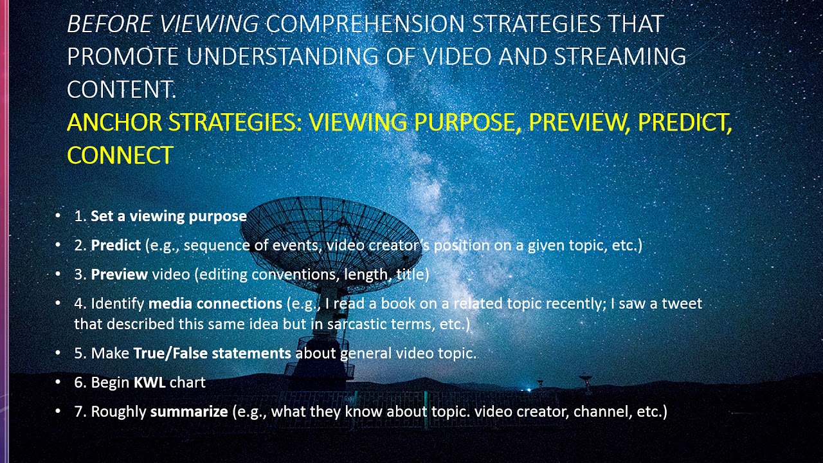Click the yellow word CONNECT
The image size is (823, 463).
[120, 155]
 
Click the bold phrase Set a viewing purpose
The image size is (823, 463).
[168, 216]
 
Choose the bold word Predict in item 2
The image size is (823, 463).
[116, 245]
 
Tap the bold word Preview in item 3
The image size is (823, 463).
[119, 275]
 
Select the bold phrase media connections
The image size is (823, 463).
[215, 304]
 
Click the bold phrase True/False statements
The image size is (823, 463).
[212, 353]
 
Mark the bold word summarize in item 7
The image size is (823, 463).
[188, 412]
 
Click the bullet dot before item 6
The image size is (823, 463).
[59, 383]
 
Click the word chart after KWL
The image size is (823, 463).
[188, 383]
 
